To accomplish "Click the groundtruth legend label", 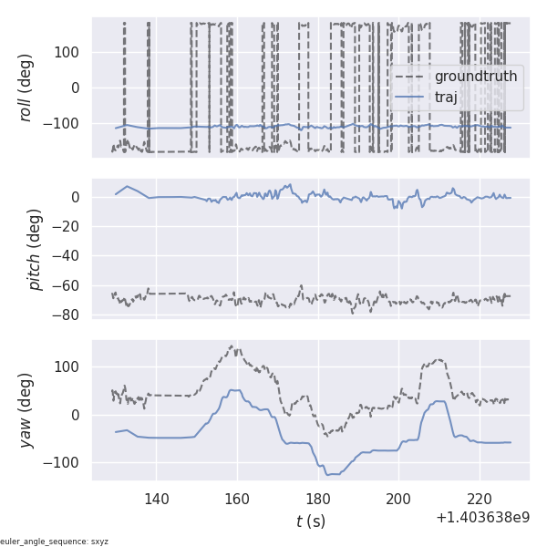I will [475, 76].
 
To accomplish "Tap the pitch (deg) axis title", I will [35, 249].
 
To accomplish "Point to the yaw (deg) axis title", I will [26, 410].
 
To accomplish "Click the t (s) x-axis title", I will [310, 521].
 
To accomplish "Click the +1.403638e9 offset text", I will [482, 518].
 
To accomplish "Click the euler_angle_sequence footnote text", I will [55, 541].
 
